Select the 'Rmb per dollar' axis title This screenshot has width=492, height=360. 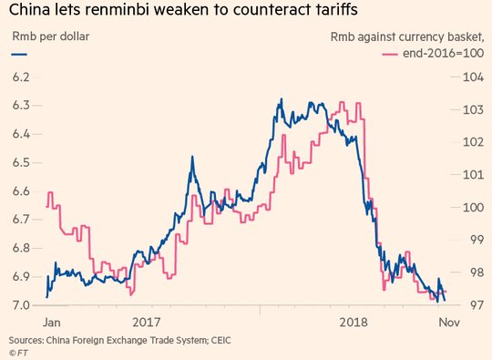click(50, 36)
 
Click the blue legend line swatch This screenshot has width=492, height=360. click(19, 55)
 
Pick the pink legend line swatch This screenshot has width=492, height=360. click(390, 55)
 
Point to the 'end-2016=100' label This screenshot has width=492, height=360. click(443, 53)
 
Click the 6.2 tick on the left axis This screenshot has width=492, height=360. click(21, 77)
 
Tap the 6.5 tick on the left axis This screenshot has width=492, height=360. click(21, 162)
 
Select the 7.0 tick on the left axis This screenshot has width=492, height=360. click(21, 305)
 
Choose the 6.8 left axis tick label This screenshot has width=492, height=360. click(21, 248)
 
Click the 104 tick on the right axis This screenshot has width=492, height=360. click(474, 77)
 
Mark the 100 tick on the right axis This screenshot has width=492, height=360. click(474, 207)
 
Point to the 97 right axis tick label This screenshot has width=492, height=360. click(477, 304)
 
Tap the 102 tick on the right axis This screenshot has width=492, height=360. click(474, 142)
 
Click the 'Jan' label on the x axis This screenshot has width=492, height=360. click(52, 323)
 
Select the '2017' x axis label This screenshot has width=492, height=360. click(147, 323)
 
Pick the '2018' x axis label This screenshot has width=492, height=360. click(354, 323)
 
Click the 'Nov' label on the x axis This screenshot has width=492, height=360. click(449, 323)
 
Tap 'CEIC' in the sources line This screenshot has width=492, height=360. click(220, 340)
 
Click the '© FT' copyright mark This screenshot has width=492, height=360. click(18, 353)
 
